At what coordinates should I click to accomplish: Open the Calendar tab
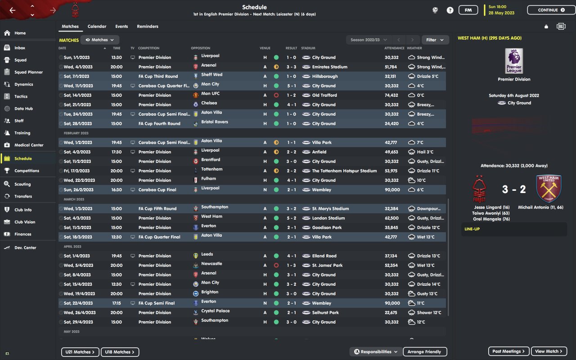(97, 27)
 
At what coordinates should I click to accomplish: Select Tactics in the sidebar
(21, 96)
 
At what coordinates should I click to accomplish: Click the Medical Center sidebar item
(29, 145)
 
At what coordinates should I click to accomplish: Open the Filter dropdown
(435, 40)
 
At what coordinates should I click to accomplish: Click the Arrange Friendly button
(424, 352)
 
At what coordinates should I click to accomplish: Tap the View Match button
(549, 351)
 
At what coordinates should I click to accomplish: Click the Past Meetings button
(508, 351)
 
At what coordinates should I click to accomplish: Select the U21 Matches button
(80, 352)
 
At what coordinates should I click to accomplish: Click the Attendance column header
(394, 48)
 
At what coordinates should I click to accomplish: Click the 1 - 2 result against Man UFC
(292, 95)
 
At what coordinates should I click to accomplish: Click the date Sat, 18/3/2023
(78, 237)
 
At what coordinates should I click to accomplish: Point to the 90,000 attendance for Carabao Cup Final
(392, 190)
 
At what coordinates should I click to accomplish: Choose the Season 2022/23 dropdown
(368, 40)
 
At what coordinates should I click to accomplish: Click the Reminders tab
(148, 27)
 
